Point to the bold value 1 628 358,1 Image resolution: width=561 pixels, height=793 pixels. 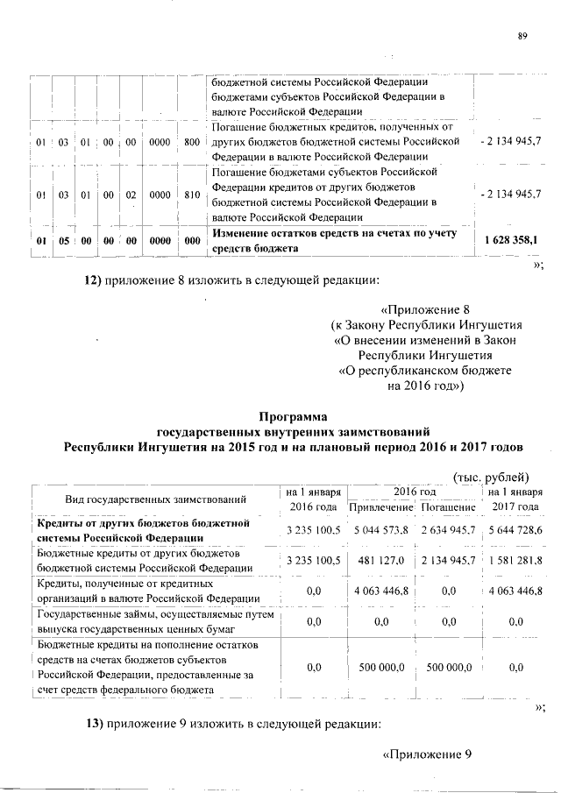(511, 238)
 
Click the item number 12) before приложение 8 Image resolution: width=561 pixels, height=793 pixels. (93, 281)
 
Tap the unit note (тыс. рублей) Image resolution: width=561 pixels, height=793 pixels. (490, 477)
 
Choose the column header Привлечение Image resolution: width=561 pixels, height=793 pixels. (380, 508)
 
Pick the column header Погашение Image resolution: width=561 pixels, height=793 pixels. (446, 508)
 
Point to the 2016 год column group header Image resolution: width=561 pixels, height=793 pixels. (415, 492)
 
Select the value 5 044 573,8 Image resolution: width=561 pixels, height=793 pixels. (380, 531)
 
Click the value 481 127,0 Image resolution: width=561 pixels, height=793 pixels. (380, 561)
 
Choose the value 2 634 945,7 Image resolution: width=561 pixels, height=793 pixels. (446, 531)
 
